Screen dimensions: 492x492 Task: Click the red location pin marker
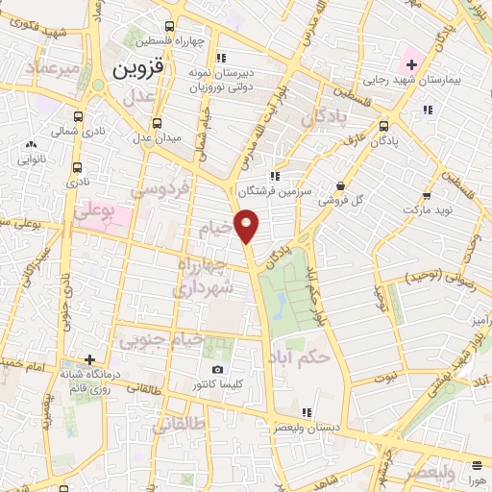[x=248, y=225]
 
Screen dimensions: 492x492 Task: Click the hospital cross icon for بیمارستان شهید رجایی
[x=412, y=65]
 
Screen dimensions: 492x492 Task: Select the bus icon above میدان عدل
[x=158, y=122]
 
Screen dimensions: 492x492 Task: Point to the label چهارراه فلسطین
[x=169, y=41]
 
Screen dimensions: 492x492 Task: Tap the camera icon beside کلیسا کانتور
[x=217, y=370]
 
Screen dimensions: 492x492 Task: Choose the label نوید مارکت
[x=428, y=209]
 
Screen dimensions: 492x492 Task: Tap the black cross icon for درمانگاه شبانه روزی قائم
[x=89, y=359]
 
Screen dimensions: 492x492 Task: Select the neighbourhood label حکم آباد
[x=301, y=357]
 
